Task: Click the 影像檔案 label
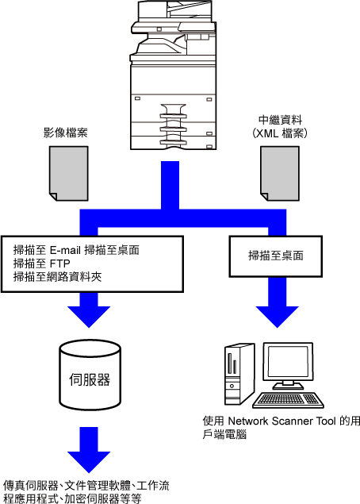click(x=66, y=133)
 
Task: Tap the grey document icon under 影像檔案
click(x=69, y=174)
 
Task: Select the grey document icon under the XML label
click(x=279, y=174)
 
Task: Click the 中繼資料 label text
click(x=281, y=120)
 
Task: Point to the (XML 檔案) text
click(x=280, y=133)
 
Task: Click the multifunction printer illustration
click(x=173, y=75)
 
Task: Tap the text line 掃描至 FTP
click(x=42, y=264)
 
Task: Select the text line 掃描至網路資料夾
click(x=57, y=277)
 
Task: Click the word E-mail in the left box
click(x=66, y=250)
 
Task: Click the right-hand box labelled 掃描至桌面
click(x=275, y=256)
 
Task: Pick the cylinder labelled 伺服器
click(x=90, y=375)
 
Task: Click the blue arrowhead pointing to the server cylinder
click(x=89, y=317)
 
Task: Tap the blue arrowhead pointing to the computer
click(x=278, y=317)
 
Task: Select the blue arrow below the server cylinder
click(x=89, y=450)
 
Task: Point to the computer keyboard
click(x=288, y=400)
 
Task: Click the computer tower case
click(x=239, y=374)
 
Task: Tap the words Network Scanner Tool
click(x=282, y=421)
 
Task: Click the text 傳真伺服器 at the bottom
click(x=30, y=486)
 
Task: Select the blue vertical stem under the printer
click(x=170, y=186)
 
